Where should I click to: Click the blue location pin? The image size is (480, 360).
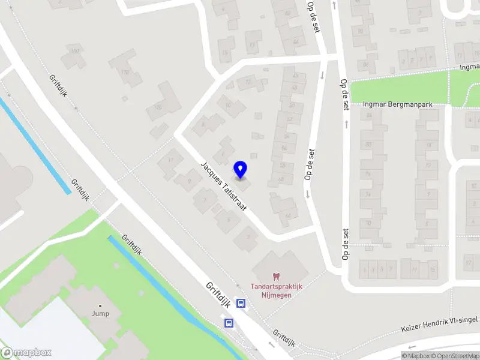pyautogui.click(x=241, y=169)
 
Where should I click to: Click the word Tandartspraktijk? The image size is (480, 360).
pyautogui.click(x=276, y=286)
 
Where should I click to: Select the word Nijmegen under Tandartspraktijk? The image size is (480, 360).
pyautogui.click(x=276, y=295)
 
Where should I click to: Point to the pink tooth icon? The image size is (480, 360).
pyautogui.click(x=276, y=276)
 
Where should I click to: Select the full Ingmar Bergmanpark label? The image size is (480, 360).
pyautogui.click(x=398, y=103)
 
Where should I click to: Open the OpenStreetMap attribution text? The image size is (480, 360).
pyautogui.click(x=454, y=356)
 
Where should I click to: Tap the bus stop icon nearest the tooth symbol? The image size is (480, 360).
pyautogui.click(x=241, y=304)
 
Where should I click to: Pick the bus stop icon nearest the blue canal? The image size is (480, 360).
pyautogui.click(x=229, y=323)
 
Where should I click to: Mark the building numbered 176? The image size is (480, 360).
pyautogui.click(x=157, y=107)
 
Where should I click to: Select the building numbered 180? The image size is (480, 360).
pyautogui.click(x=75, y=52)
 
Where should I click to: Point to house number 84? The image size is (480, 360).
pyautogui.click(x=368, y=115)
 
